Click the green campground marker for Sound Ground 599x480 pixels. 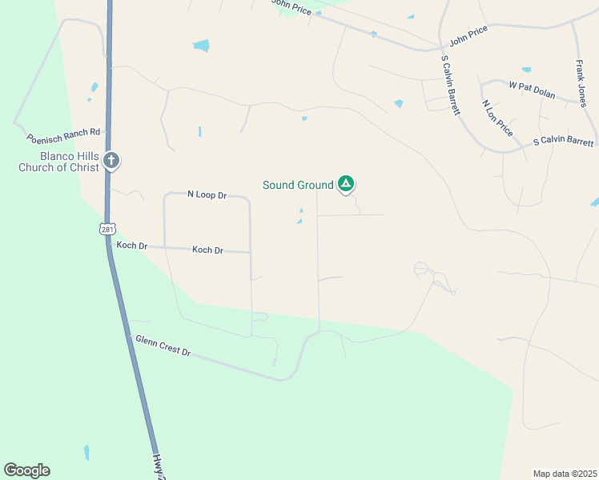pyautogui.click(x=346, y=185)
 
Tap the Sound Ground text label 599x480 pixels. pyautogui.click(x=298, y=185)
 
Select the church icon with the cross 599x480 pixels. pyautogui.click(x=111, y=161)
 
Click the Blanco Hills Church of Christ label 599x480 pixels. pyautogui.click(x=60, y=161)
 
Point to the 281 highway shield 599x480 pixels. pyautogui.click(x=108, y=230)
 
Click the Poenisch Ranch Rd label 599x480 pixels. pyautogui.click(x=63, y=136)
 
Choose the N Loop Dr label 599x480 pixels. pyautogui.click(x=207, y=194)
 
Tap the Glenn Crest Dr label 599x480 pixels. pyautogui.click(x=163, y=346)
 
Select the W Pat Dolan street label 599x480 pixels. pyautogui.click(x=531, y=89)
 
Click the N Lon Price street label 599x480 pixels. pyautogui.click(x=497, y=116)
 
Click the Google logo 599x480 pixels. pyautogui.click(x=26, y=470)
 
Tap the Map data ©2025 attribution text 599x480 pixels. pyautogui.click(x=565, y=474)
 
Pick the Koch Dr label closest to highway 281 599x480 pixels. pyautogui.click(x=131, y=246)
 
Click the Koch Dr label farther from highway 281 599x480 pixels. pyautogui.click(x=207, y=250)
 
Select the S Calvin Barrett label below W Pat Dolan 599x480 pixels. pyautogui.click(x=564, y=142)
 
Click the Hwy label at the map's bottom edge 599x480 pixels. pyautogui.click(x=159, y=468)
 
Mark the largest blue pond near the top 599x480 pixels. pyautogui.click(x=201, y=46)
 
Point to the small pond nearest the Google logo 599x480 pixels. pyautogui.click(x=86, y=453)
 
